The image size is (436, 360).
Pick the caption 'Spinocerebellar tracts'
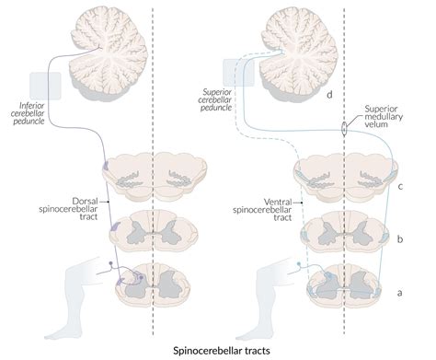218,351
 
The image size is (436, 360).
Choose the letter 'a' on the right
399,292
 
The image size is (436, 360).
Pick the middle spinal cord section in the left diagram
151,229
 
